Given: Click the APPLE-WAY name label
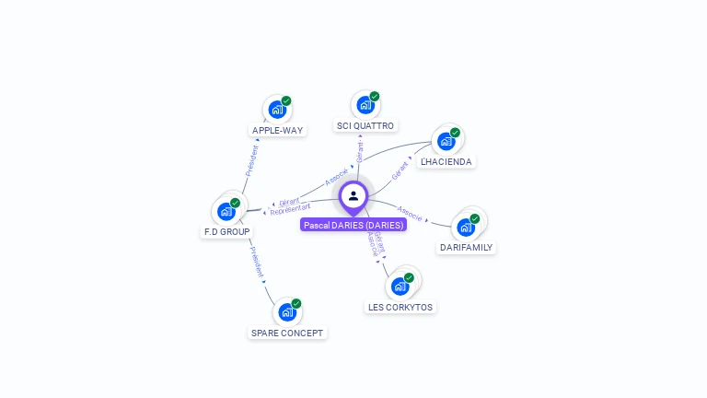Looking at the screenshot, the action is point(277,131).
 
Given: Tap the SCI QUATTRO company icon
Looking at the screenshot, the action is point(365,105).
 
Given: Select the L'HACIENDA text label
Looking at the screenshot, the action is point(446,162).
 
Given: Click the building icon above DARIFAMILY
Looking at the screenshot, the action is point(466,227).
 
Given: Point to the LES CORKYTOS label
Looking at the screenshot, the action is point(400,307).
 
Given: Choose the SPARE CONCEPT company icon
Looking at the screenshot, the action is point(287,312).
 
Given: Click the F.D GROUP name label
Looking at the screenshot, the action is point(226,232).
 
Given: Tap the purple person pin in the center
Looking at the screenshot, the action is point(353,196).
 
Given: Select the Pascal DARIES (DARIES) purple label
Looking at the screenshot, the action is point(353,225).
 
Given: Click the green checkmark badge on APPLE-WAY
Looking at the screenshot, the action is point(286,100).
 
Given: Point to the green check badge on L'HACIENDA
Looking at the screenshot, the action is point(455,133).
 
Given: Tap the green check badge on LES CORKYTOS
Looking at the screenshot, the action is point(409,277).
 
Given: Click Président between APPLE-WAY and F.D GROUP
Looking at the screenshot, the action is point(251,158).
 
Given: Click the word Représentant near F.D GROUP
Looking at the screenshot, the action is point(290,209).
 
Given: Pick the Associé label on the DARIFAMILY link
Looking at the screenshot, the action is point(410,216).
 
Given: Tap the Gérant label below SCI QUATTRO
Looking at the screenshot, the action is point(360,152).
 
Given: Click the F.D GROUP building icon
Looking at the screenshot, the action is point(226,211).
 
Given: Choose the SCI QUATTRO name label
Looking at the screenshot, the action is point(365,126).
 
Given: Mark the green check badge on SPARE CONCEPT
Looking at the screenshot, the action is point(296,303).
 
